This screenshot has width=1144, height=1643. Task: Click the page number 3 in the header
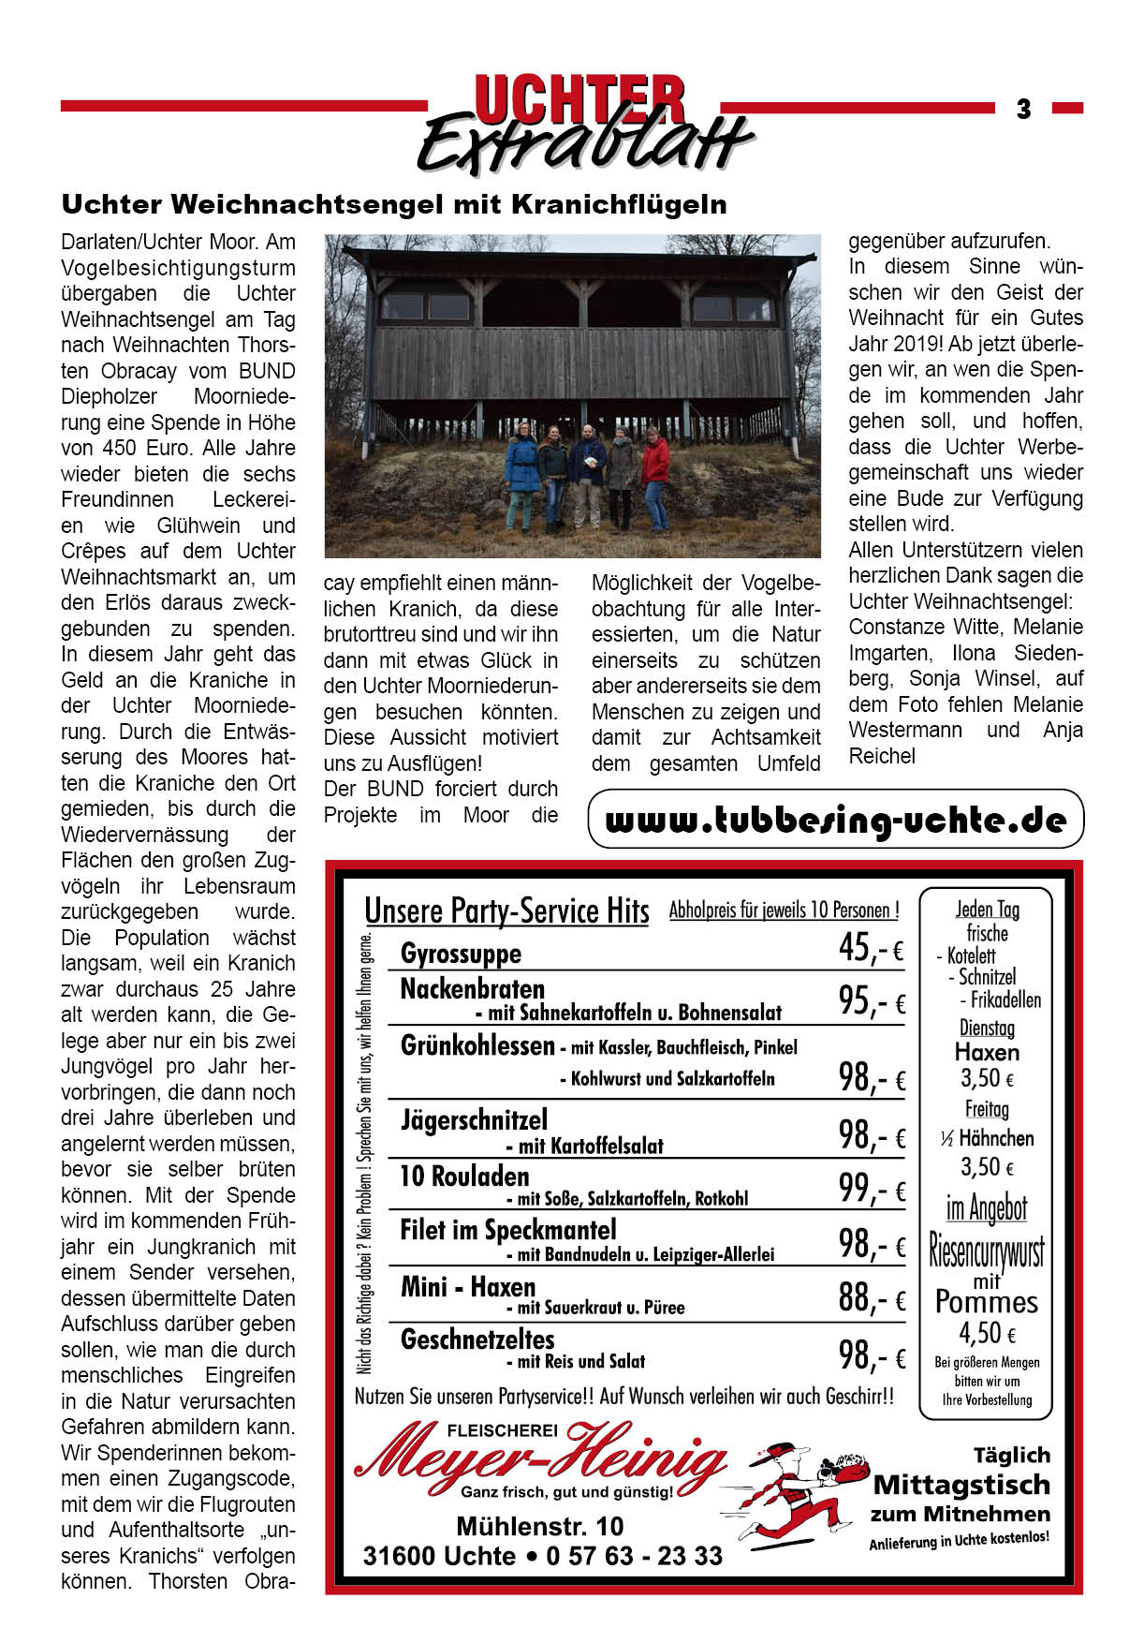point(1023,110)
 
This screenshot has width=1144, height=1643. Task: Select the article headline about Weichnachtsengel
point(393,204)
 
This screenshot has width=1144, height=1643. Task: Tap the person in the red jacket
point(655,478)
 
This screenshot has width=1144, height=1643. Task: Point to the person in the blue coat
point(521,478)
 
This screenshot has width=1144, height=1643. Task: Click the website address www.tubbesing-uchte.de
point(835,821)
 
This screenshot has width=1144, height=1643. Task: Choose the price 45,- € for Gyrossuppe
point(871,949)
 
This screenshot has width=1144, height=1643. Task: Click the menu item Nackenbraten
point(472,989)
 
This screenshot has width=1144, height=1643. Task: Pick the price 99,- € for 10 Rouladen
point(872,1189)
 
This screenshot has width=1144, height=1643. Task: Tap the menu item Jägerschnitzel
point(474,1120)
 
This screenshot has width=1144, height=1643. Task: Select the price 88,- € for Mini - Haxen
point(872,1298)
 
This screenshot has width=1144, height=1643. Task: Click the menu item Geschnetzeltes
point(477,1340)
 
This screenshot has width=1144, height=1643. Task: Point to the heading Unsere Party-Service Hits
point(506,910)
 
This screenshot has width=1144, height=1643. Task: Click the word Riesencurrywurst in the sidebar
point(986,1251)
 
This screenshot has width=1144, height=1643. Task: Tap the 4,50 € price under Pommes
point(987,1333)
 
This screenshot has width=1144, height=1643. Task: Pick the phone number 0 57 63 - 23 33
point(635,1556)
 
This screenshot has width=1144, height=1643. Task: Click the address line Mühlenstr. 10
point(539,1527)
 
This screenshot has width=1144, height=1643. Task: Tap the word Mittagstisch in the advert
point(961,1485)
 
